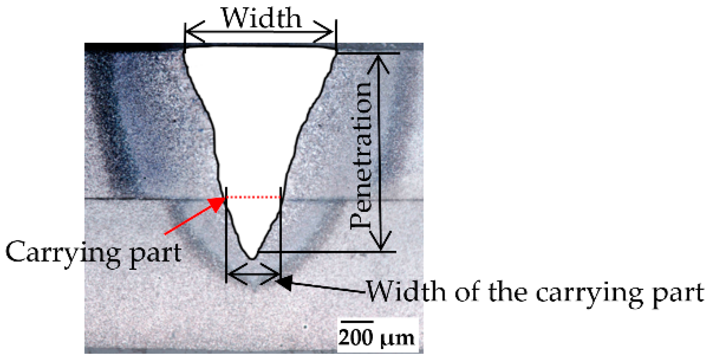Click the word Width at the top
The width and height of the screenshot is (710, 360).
coord(261,18)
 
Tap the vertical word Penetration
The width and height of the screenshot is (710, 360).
coord(362,155)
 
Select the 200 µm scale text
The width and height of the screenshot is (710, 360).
coord(376,337)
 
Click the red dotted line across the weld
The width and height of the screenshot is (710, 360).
coord(254,198)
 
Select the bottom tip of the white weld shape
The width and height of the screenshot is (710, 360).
coord(252,259)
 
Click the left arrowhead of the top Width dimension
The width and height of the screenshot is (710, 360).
coord(190,32)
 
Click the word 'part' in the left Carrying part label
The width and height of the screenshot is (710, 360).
coord(155,253)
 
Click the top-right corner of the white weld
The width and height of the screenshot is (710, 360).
coord(336,52)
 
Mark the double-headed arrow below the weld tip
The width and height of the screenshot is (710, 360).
coord(254,274)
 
